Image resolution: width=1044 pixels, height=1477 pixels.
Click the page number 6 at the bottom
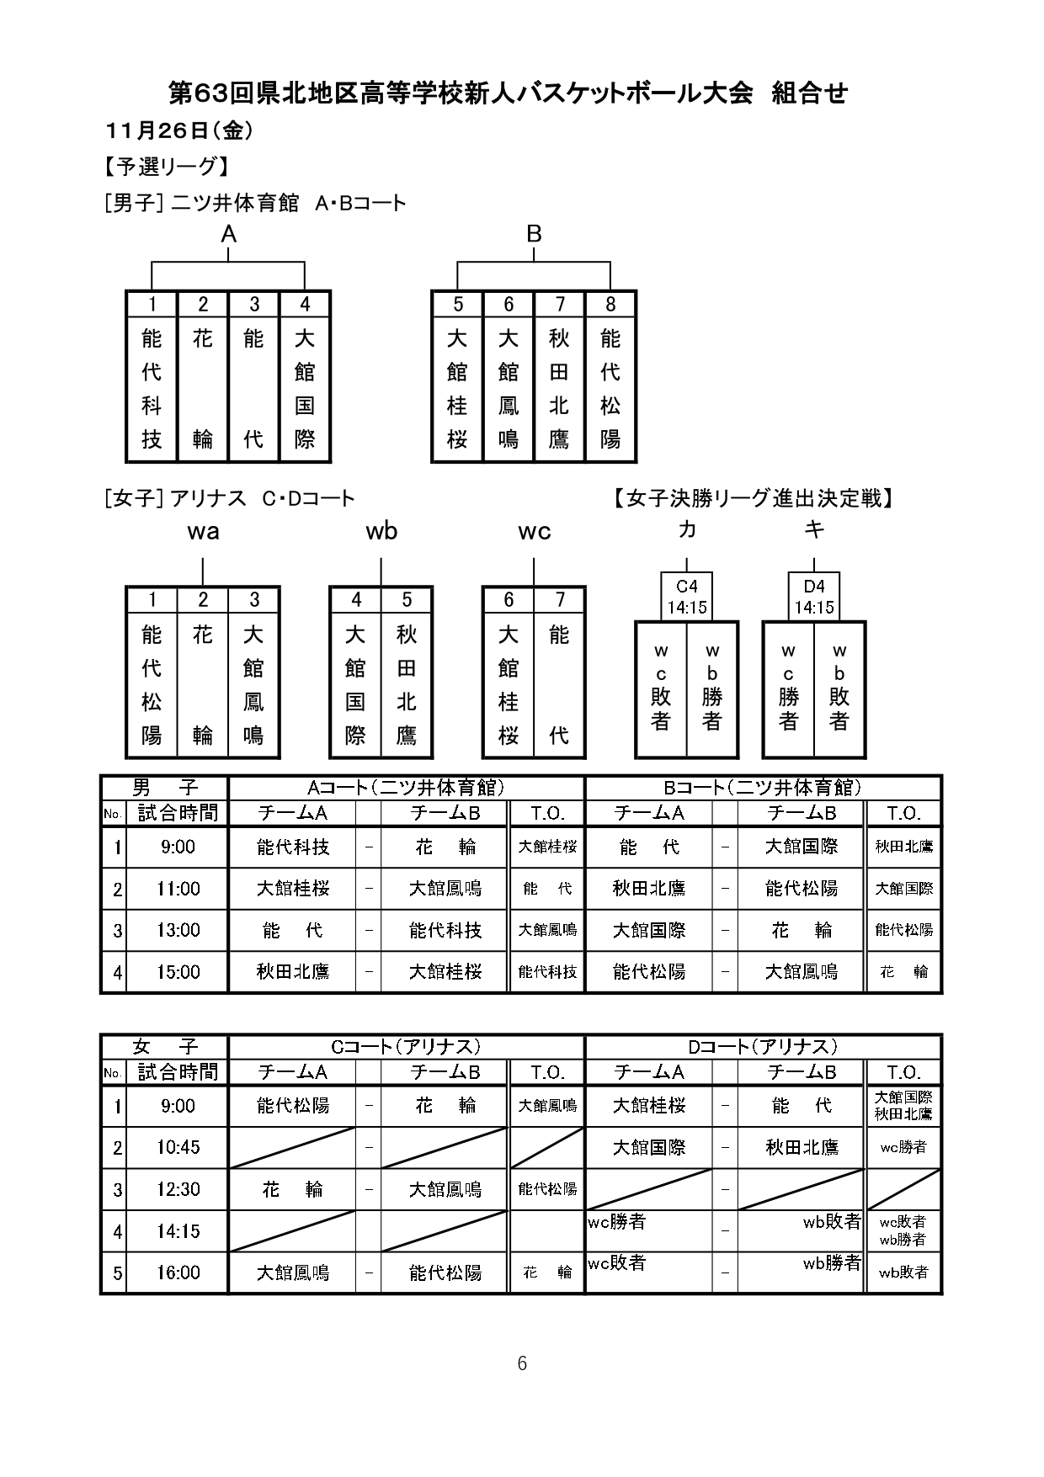pyautogui.click(x=522, y=1363)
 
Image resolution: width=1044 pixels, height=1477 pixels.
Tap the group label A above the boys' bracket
pyautogui.click(x=228, y=235)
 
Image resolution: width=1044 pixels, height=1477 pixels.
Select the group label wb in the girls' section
pyautogui.click(x=381, y=531)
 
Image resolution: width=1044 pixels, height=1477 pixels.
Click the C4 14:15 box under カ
pyautogui.click(x=687, y=597)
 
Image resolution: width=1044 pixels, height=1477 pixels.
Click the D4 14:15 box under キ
pyautogui.click(x=814, y=597)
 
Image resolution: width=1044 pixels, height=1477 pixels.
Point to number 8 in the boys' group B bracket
pyautogui.click(x=610, y=305)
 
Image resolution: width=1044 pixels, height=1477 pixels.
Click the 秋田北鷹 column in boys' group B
pyautogui.click(x=559, y=389)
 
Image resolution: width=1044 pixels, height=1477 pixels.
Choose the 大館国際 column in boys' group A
pyautogui.click(x=304, y=389)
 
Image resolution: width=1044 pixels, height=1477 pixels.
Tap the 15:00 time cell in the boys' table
pyautogui.click(x=178, y=972)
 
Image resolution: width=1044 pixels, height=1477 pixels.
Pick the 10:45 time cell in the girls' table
pyautogui.click(x=178, y=1147)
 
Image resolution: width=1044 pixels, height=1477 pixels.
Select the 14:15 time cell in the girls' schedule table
pyautogui.click(x=178, y=1231)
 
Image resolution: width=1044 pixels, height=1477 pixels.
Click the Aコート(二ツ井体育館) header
pyautogui.click(x=406, y=788)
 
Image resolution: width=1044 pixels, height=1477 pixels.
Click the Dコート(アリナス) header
pyautogui.click(x=763, y=1047)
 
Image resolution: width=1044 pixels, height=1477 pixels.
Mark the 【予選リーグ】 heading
pyautogui.click(x=165, y=167)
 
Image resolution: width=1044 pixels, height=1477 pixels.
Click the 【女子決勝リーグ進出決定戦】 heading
pyautogui.click(x=753, y=498)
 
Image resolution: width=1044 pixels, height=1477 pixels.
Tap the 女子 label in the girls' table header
pyautogui.click(x=165, y=1047)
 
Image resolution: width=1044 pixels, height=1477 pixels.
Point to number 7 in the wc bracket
pyautogui.click(x=559, y=600)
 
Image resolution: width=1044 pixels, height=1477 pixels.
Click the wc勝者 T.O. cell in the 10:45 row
pyautogui.click(x=903, y=1147)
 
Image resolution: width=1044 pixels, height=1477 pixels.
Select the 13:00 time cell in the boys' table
pyautogui.click(x=178, y=930)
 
